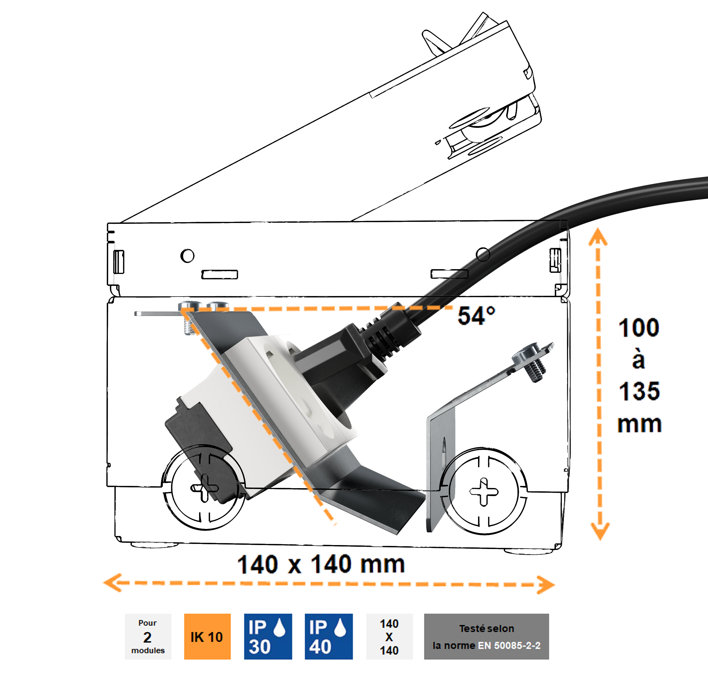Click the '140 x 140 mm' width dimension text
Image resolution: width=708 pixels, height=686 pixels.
pyautogui.click(x=321, y=565)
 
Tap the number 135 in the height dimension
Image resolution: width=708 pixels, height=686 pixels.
pyautogui.click(x=639, y=391)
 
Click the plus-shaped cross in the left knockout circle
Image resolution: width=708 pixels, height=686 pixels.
pyautogui.click(x=204, y=488)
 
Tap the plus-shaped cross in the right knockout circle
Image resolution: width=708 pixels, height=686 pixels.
pyautogui.click(x=484, y=491)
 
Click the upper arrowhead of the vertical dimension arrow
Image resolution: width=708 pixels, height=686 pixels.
pyautogui.click(x=598, y=237)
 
